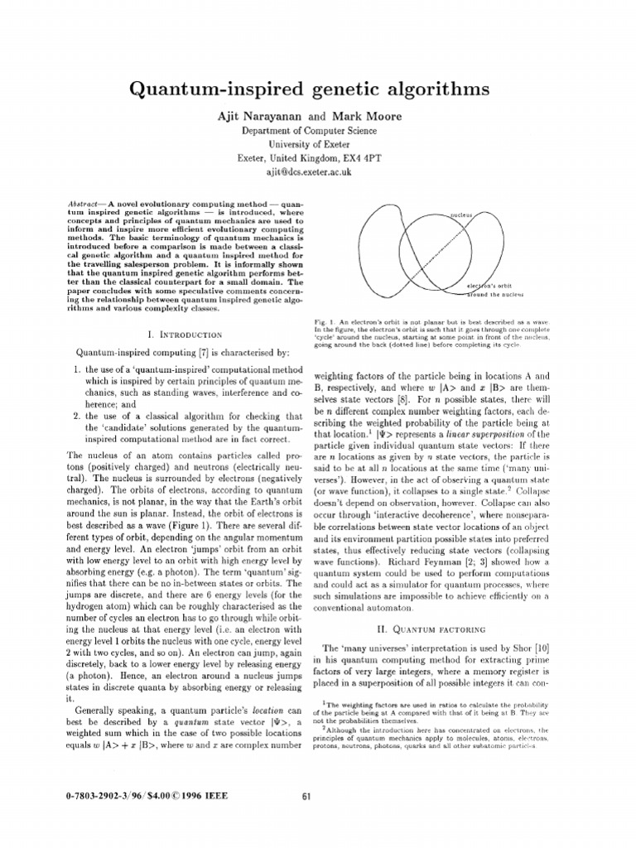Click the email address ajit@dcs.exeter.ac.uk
[318, 171]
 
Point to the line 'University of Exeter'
[318, 144]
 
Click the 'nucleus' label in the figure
[461, 214]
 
